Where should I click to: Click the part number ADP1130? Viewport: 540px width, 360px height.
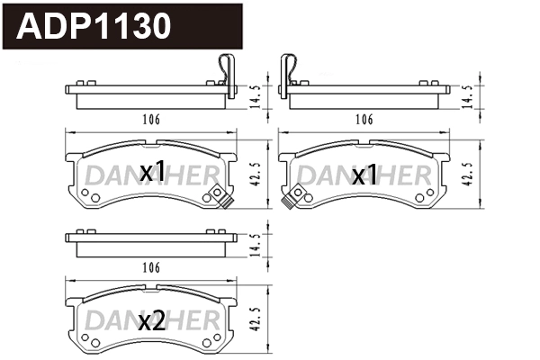94,27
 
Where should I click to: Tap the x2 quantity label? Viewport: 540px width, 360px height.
152,321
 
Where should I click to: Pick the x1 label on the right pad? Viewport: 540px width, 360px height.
364,175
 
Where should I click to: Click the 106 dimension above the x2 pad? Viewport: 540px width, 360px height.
151,267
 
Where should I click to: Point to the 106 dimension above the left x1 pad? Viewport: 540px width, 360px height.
151,119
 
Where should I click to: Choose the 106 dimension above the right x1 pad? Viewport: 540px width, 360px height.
364,119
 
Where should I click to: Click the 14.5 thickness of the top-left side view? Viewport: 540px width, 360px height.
255,94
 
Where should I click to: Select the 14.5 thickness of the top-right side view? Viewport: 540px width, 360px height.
466,94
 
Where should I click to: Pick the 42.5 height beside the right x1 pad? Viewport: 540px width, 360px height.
466,174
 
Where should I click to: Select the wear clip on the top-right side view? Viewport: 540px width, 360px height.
290,70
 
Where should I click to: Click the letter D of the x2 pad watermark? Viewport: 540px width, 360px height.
94,321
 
